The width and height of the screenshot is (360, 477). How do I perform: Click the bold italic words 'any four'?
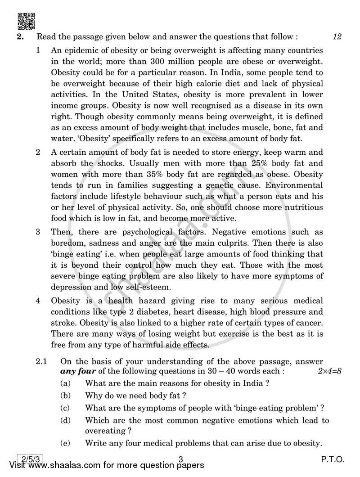coord(75,372)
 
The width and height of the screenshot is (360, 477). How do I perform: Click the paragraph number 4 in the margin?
coord(39,300)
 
